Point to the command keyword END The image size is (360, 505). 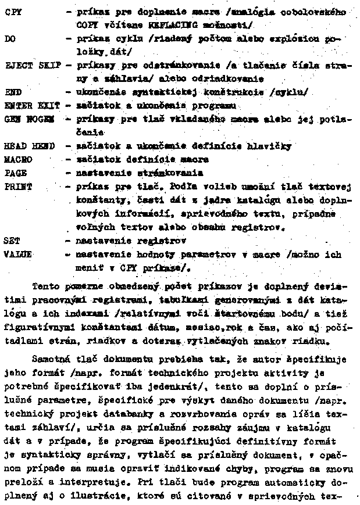(12, 92)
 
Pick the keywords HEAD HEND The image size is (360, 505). (29, 146)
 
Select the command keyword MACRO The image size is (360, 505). (18, 159)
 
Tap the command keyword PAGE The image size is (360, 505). (16, 173)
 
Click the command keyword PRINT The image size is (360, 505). (18, 187)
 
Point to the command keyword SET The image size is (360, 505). (12, 239)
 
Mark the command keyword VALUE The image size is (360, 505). (18, 254)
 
